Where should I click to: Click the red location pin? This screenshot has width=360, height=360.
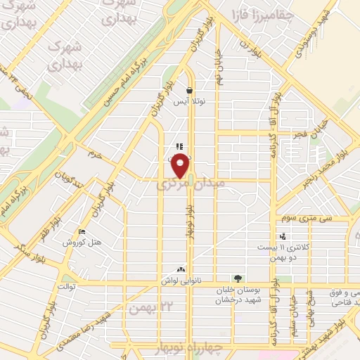pos(181,166)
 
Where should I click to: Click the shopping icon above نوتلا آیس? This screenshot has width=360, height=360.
pos(190,90)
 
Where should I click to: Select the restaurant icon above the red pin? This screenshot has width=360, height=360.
pos(180,146)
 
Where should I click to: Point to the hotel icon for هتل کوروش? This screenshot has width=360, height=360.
pos(82,233)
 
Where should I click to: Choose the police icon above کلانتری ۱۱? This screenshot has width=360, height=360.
pos(283,236)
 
